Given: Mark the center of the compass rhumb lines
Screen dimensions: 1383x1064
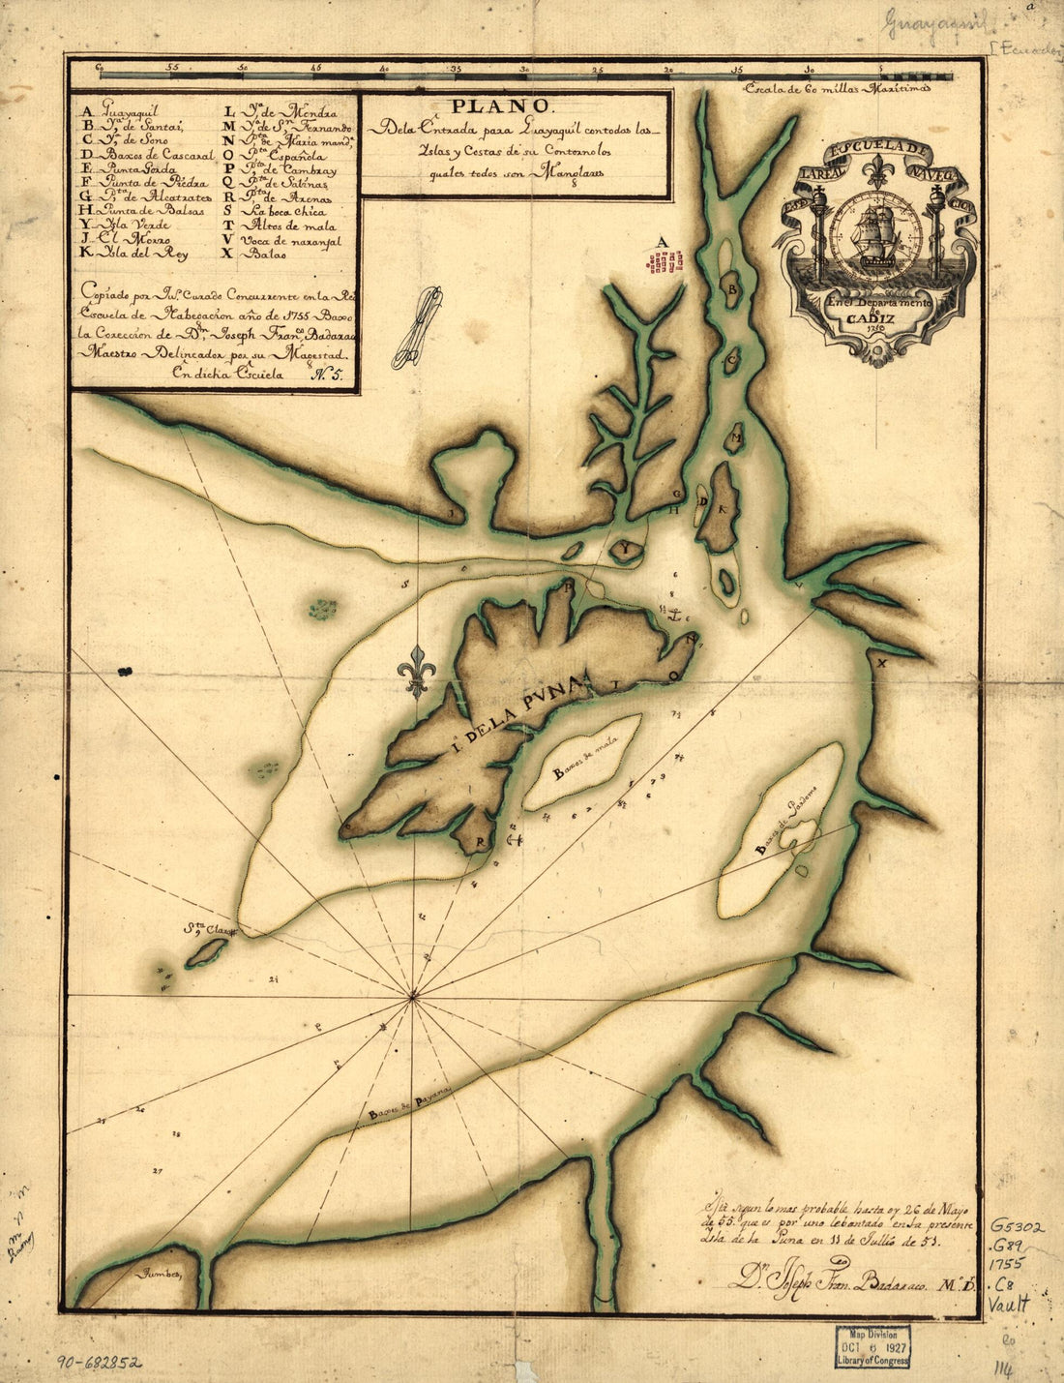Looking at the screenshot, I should pos(413,995).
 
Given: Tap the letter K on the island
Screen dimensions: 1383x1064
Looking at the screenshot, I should pos(722,507).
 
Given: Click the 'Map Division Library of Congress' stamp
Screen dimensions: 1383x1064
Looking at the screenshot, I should pos(872,1346).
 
